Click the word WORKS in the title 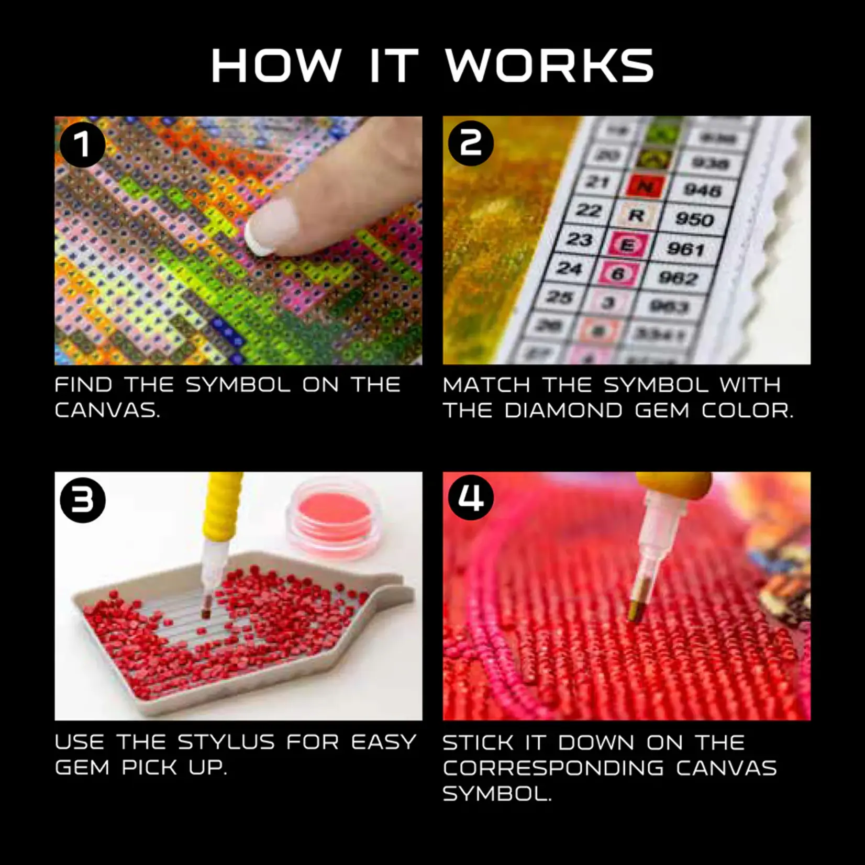(549, 66)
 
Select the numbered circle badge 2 (471, 143)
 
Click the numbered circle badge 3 (82, 501)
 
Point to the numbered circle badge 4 (471, 497)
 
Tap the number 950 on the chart (694, 218)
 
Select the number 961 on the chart (685, 248)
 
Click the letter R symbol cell (636, 215)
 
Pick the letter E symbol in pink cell (627, 244)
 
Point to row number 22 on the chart (589, 210)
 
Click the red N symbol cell (646, 186)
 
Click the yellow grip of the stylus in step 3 (224, 508)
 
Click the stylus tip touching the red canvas (636, 613)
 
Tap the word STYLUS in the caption (226, 742)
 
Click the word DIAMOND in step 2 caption (563, 411)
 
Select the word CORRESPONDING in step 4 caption (553, 768)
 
